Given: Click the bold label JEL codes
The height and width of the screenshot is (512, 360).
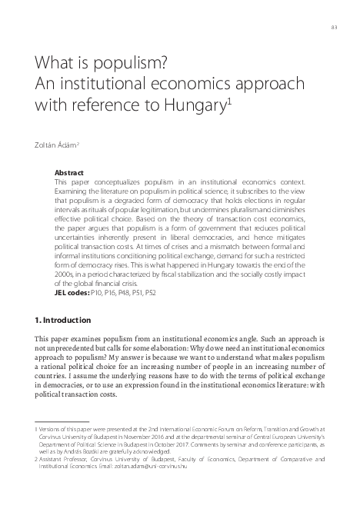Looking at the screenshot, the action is tap(72, 293).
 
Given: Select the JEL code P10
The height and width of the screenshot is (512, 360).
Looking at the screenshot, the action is tap(97, 293).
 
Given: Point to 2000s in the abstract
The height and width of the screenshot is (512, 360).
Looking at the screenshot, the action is tap(65, 274).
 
